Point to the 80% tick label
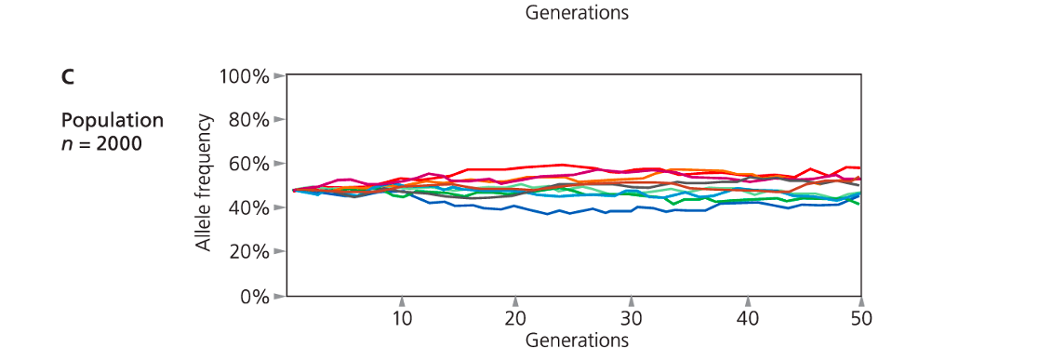coord(247,120)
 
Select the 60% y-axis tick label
coord(247,164)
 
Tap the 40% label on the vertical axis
coord(247,207)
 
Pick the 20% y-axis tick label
coord(247,252)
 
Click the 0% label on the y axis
coord(252,297)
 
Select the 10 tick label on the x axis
coord(402,318)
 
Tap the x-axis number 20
coord(514,318)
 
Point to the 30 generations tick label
coord(632,318)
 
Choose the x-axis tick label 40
coord(747,318)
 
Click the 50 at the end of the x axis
coord(861,318)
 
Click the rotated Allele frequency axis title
coord(203,184)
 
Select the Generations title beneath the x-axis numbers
coord(577,340)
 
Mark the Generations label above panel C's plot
coord(577,13)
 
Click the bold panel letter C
coord(68,77)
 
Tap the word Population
coord(113,121)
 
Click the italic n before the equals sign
coord(67,144)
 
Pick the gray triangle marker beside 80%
coord(277,120)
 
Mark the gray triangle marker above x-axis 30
coord(632,301)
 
